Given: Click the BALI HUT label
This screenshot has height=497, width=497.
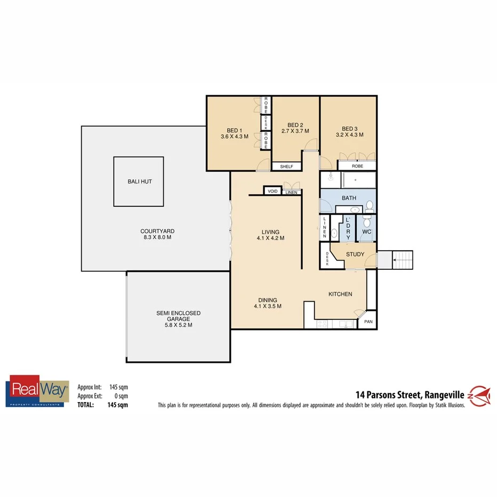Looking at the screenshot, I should coord(139,181).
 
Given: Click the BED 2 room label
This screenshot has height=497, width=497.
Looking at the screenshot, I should coord(295,127).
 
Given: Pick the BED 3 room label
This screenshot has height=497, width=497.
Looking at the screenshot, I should coord(349,132).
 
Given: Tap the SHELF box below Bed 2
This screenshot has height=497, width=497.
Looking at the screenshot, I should coord(286,167).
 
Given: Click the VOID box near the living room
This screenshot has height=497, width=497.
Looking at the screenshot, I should coord(272,191).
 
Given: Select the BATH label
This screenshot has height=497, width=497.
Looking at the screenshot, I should coord(349,198).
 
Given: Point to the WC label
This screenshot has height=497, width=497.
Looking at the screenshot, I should coord(366,232).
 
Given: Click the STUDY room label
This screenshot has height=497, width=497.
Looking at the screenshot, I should coord(355,254).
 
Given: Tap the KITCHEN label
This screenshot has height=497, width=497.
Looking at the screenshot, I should coord(340,294).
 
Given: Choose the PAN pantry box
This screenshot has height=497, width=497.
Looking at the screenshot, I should coord(367,322).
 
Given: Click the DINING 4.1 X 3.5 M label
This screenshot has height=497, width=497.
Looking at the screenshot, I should coord(268,303).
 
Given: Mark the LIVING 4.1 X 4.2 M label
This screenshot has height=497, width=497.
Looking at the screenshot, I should coord(270,235).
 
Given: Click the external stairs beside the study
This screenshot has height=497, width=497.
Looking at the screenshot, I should coord(403,260).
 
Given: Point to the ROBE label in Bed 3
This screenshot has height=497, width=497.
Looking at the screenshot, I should coord(357,166).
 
